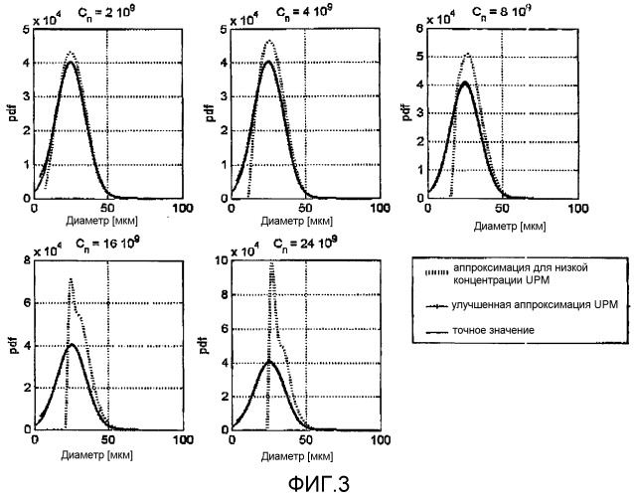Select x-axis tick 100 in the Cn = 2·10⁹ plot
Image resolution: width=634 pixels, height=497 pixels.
[182, 207]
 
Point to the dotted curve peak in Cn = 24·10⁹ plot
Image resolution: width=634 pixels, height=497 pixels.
[271, 264]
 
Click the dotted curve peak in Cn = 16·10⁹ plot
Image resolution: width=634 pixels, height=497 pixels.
[70, 280]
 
